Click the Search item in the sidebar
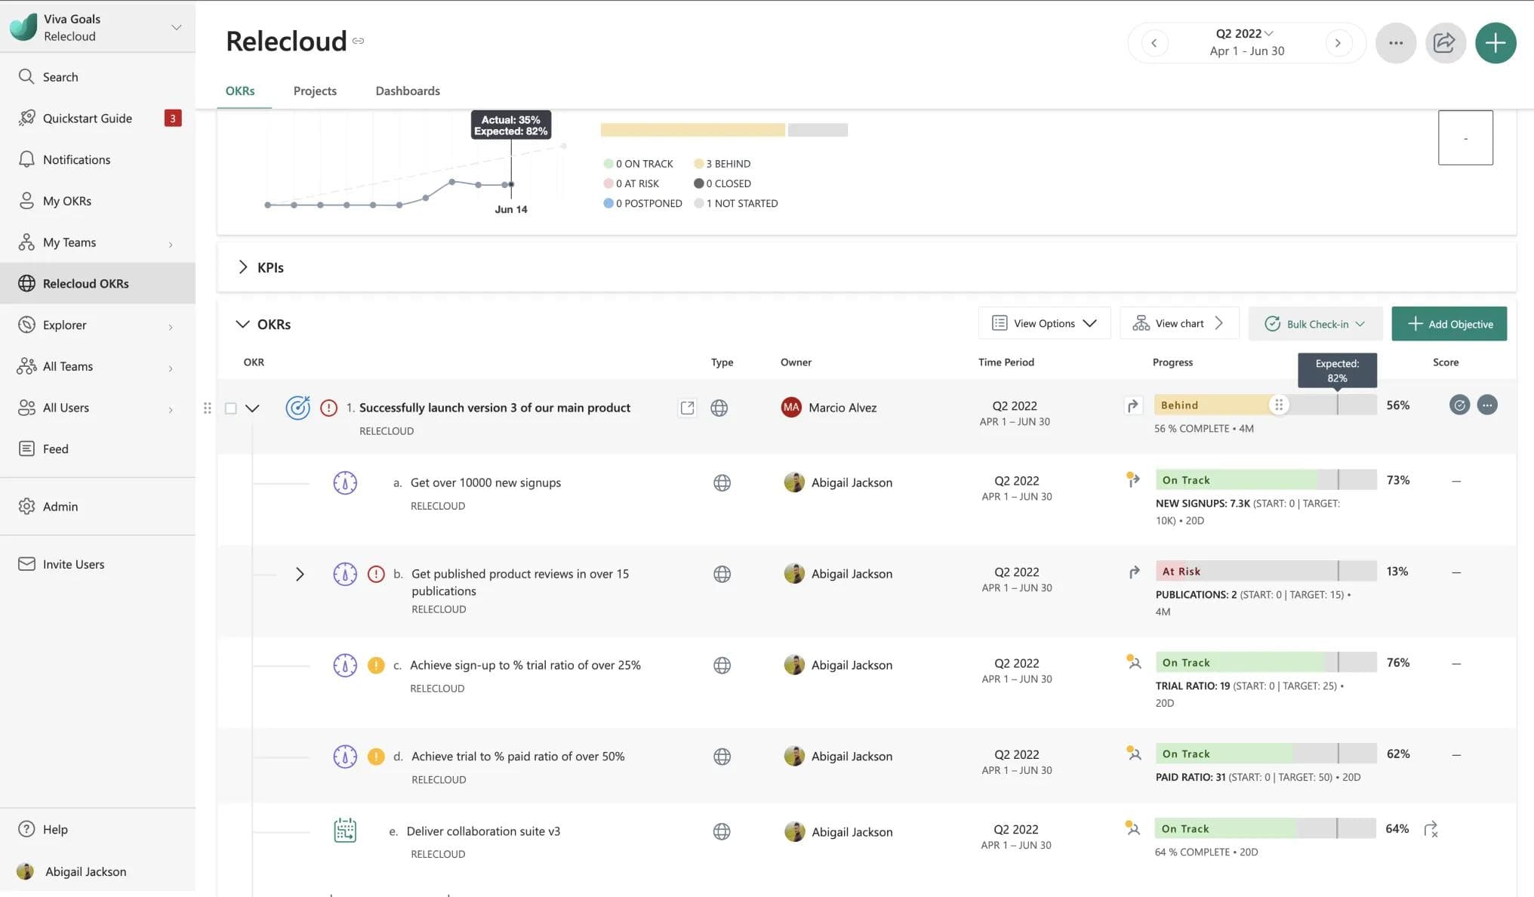click(60, 77)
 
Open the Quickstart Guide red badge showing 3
click(173, 118)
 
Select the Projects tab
click(315, 91)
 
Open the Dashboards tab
click(408, 91)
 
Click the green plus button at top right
click(1495, 43)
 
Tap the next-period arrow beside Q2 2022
click(1338, 43)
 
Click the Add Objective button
click(1449, 324)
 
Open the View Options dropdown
click(1044, 323)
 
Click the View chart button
click(1179, 323)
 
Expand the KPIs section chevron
click(242, 267)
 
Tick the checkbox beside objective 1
click(231, 408)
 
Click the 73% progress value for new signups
click(1397, 480)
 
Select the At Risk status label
click(1181, 572)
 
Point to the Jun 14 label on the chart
click(511, 210)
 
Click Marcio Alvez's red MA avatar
click(790, 408)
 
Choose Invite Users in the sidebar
click(73, 564)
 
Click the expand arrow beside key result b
click(300, 575)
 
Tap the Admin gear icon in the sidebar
click(26, 506)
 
